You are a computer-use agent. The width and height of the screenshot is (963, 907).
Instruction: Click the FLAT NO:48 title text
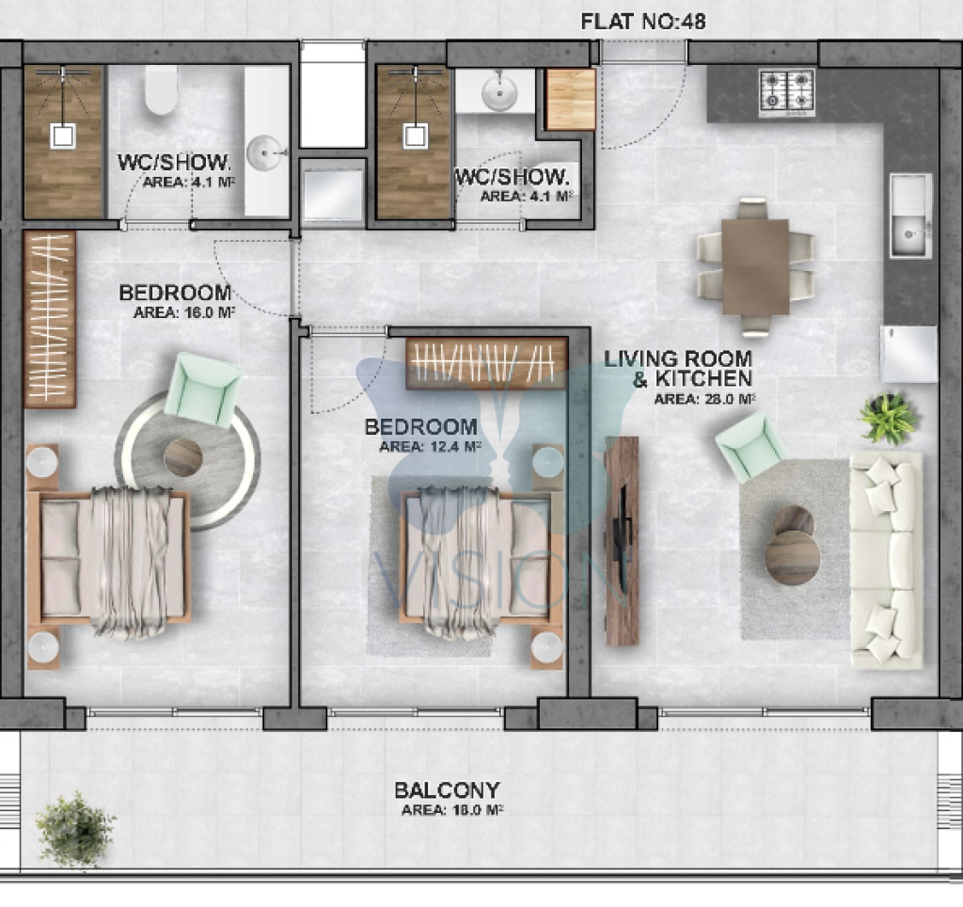click(643, 22)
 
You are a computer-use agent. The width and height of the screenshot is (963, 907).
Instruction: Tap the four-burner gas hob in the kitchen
click(787, 91)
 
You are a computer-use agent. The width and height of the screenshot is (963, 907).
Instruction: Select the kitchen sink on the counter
click(910, 215)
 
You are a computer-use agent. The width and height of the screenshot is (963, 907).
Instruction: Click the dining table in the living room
click(755, 266)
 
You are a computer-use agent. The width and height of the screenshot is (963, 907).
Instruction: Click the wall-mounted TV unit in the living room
click(622, 541)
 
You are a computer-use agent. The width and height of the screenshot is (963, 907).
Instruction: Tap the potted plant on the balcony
click(75, 830)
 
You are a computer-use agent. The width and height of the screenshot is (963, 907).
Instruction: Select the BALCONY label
click(447, 790)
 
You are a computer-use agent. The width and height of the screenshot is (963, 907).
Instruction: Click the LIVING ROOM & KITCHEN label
click(678, 368)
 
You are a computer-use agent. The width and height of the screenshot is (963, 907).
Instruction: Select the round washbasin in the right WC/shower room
click(499, 93)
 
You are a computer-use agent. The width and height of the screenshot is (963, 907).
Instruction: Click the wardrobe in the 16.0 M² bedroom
click(50, 320)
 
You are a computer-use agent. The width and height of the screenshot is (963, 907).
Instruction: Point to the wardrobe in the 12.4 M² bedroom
click(486, 363)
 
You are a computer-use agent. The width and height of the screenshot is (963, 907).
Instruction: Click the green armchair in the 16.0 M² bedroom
click(203, 390)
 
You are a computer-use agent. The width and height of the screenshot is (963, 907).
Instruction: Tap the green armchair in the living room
click(750, 447)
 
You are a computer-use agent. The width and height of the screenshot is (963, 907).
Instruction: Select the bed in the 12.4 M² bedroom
click(481, 558)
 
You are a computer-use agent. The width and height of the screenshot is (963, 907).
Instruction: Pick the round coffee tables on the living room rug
click(792, 546)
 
